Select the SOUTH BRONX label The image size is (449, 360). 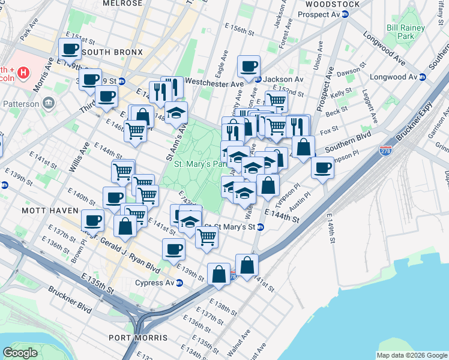tap(112, 53)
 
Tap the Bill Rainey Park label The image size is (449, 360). tap(405, 32)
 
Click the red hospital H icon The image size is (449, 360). tap(23, 73)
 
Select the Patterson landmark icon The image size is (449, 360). tap(48, 103)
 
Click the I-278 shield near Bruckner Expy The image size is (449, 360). tap(386, 151)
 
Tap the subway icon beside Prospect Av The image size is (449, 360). tap(345, 14)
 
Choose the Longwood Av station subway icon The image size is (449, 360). tap(423, 77)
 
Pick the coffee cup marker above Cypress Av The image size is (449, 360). tap(173, 248)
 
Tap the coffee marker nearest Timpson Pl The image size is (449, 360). tap(322, 167)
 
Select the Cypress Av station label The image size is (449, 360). tap(154, 283)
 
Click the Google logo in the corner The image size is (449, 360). tap(20, 353)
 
